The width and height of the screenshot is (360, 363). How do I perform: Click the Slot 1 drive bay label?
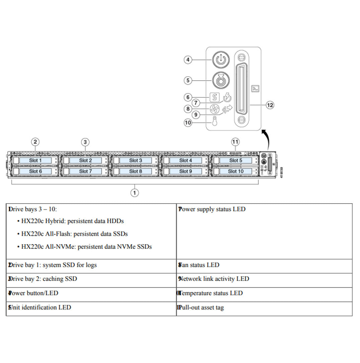tap(35, 160)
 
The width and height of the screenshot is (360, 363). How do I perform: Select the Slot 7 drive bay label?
tap(85, 171)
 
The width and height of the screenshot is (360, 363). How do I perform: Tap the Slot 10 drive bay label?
tap(235, 171)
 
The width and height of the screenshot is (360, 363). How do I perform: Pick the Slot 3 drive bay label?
tap(135, 160)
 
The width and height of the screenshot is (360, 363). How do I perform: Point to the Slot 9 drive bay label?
tap(185, 171)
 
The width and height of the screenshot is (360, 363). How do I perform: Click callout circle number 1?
tap(135, 193)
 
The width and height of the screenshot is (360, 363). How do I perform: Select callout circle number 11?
tap(236, 142)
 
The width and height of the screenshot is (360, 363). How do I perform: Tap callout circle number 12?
tap(270, 105)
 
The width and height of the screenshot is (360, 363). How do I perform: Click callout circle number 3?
tap(85, 142)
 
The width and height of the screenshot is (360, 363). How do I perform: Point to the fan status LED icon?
tap(215, 109)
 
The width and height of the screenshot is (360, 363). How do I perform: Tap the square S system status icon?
tap(215, 97)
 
